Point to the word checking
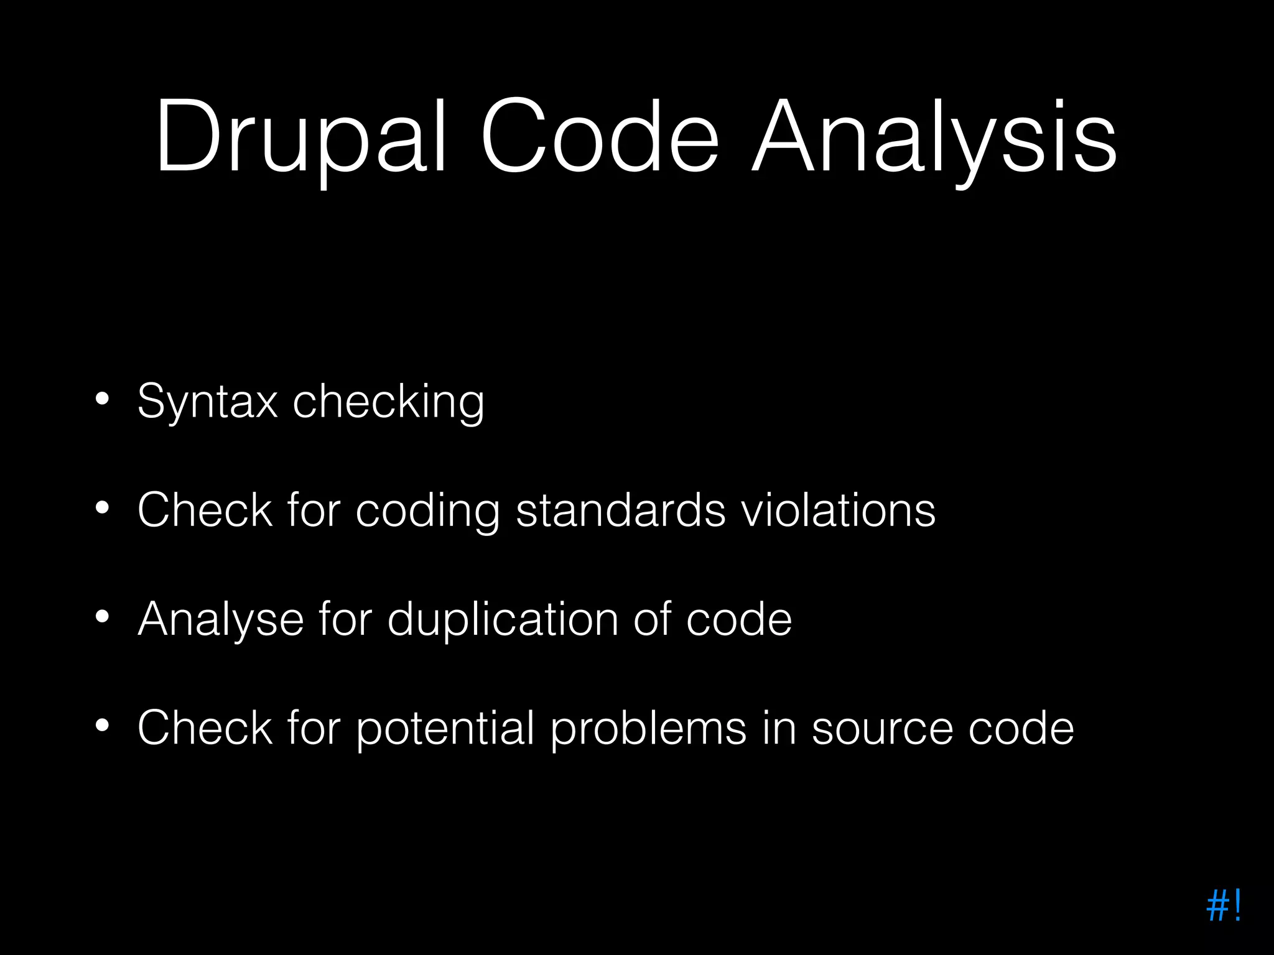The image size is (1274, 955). [388, 403]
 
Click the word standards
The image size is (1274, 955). [621, 510]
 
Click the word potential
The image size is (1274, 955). [445, 729]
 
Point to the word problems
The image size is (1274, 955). [648, 729]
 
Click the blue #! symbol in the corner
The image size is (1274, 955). [1223, 906]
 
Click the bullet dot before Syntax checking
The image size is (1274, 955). [102, 399]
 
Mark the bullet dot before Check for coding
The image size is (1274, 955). [102, 508]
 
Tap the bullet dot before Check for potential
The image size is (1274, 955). [102, 726]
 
